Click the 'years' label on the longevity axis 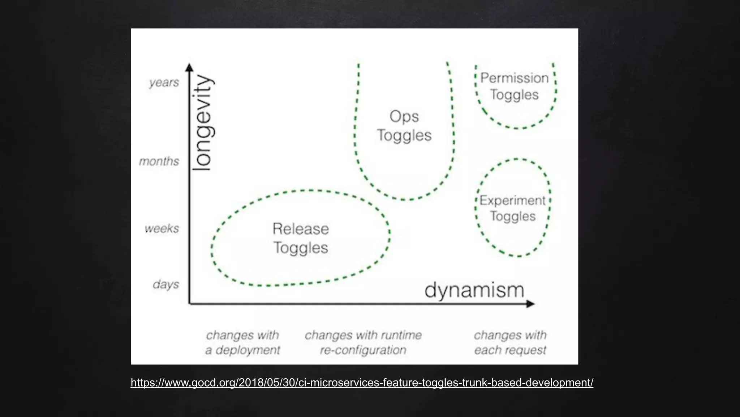[x=164, y=83]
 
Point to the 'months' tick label [x=159, y=161]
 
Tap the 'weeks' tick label [x=162, y=228]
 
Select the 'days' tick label [x=166, y=284]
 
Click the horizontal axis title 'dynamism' [x=474, y=290]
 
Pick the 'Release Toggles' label [x=301, y=238]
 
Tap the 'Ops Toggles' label [x=404, y=126]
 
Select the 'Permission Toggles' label [x=514, y=86]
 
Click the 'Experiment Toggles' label [x=513, y=208]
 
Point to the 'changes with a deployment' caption [x=242, y=342]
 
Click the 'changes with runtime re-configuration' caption [x=363, y=342]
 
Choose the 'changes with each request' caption [x=510, y=342]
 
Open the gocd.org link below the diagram [x=362, y=383]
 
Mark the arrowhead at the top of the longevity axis [x=189, y=67]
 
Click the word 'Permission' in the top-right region [x=514, y=78]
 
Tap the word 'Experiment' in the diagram [x=512, y=201]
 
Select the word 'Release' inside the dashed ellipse [x=301, y=229]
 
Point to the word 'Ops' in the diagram [x=404, y=117]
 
